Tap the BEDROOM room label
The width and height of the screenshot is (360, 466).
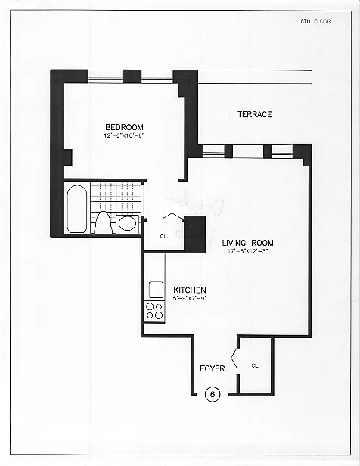point(124,127)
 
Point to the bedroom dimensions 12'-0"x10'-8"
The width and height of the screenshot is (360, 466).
point(124,136)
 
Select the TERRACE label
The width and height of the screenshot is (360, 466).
point(254,115)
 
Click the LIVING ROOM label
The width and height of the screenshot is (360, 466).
point(247,243)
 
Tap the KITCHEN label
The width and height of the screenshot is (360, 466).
point(190,290)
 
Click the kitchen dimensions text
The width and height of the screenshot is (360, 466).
point(190,299)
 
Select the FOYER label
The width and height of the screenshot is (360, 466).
point(212,368)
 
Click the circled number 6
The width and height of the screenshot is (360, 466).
point(213,393)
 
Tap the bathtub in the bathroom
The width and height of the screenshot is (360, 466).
point(76,207)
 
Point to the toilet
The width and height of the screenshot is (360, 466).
point(103,222)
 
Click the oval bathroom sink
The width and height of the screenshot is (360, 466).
point(128,223)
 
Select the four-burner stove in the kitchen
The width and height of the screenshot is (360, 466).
point(154,310)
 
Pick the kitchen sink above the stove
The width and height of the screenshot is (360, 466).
point(156,289)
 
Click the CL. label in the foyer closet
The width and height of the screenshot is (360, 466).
point(255,366)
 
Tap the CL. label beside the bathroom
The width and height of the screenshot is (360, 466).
point(164,235)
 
